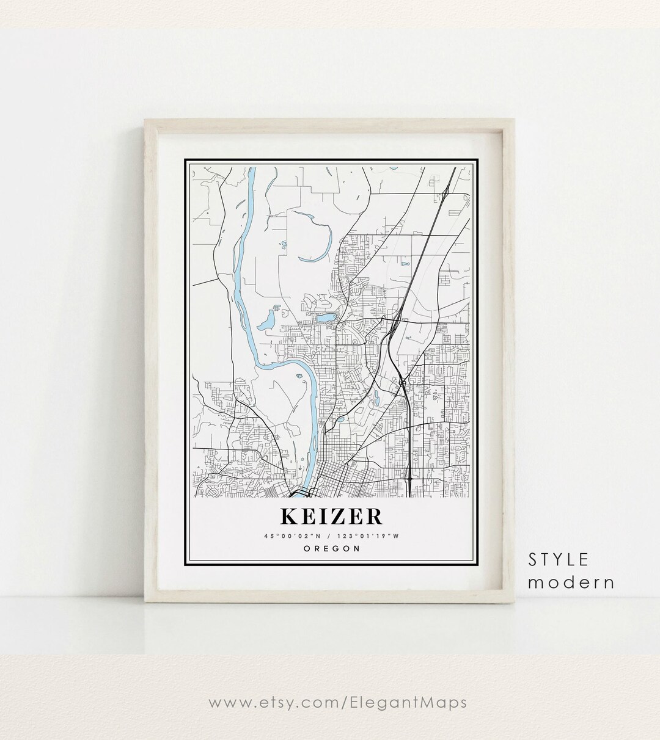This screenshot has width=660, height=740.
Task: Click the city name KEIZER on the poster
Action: point(331,516)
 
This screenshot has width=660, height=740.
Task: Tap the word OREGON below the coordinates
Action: point(331,548)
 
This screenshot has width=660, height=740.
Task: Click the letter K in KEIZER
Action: point(288,516)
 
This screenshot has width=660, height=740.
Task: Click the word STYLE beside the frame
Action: point(559,559)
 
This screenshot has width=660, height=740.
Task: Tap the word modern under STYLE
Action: point(571,582)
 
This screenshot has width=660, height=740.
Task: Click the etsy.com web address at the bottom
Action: point(337,702)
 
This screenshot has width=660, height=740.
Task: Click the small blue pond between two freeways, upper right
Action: point(404,264)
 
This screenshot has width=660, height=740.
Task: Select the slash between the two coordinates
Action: point(331,536)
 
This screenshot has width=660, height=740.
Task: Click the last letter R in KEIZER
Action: point(373,516)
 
